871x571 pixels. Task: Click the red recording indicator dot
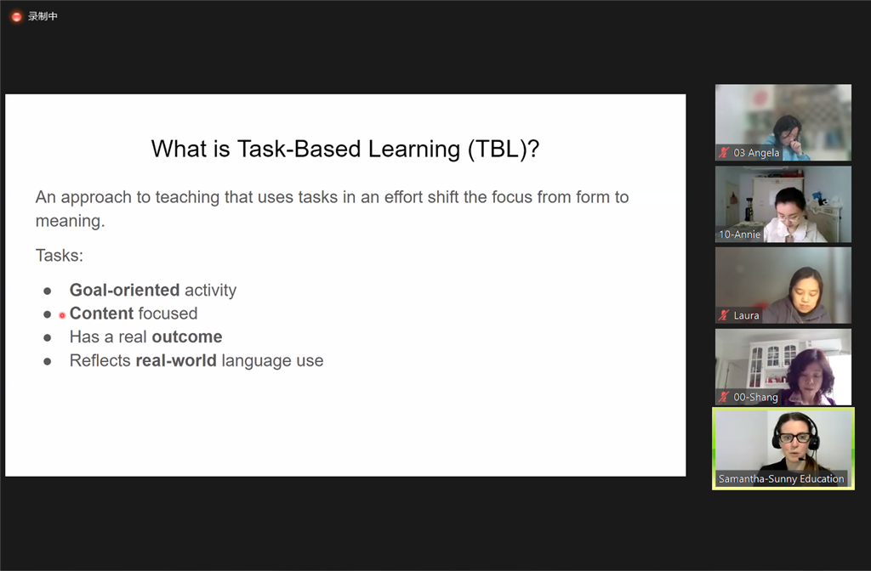[x=16, y=17]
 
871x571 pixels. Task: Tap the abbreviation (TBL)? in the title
[x=504, y=150]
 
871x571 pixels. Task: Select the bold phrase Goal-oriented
[x=124, y=291]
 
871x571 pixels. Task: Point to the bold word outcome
[x=187, y=336]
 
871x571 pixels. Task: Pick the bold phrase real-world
[x=176, y=360]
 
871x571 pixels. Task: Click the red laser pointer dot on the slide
[x=62, y=315]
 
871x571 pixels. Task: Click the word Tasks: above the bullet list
[x=60, y=255]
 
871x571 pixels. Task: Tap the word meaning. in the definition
[x=70, y=221]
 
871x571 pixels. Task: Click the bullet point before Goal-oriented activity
[x=48, y=291]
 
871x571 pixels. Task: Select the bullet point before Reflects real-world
[x=48, y=361]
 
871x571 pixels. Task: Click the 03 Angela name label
[x=756, y=153]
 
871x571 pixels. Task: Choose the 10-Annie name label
[x=739, y=235]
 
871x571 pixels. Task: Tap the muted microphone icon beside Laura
[x=723, y=315]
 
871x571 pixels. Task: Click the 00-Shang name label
[x=755, y=397]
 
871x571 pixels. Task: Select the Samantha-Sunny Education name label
[x=781, y=478]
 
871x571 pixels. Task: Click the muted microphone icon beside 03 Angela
[x=723, y=153]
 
